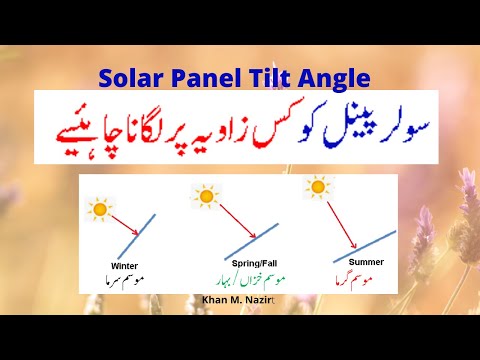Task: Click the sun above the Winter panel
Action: (100, 209)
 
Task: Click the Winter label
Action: (125, 266)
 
